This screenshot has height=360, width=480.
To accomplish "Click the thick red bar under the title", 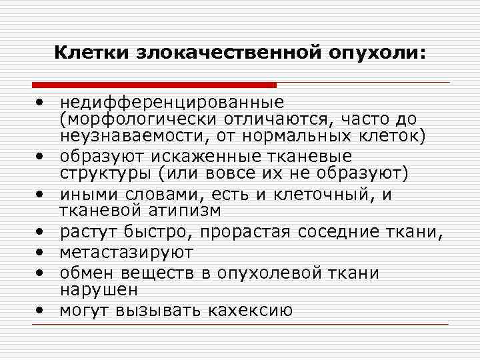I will click(154, 85).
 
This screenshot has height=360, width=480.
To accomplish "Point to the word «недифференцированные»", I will click(171, 103).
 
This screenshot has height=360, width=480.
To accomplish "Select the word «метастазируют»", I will click(126, 253).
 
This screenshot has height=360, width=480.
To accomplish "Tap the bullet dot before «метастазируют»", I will click(41, 253).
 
